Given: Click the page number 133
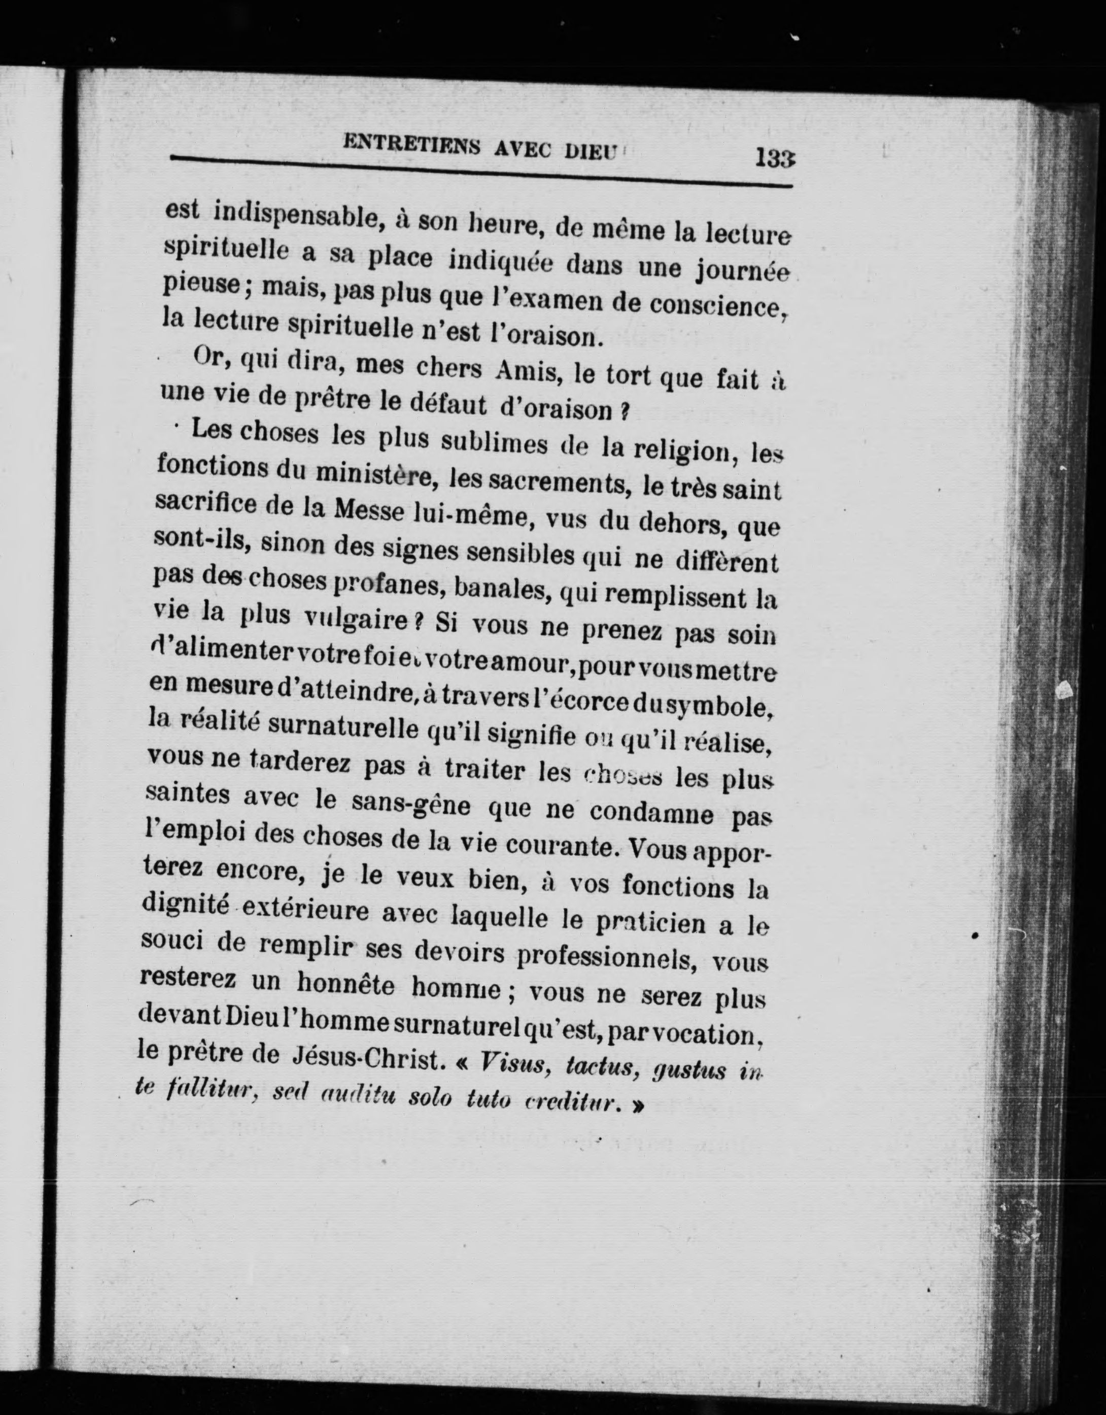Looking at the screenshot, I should click(774, 158).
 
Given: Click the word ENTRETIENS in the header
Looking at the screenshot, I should click(411, 144).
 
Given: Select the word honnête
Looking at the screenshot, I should click(345, 985).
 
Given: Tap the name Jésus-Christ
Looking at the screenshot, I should click(372, 1057).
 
